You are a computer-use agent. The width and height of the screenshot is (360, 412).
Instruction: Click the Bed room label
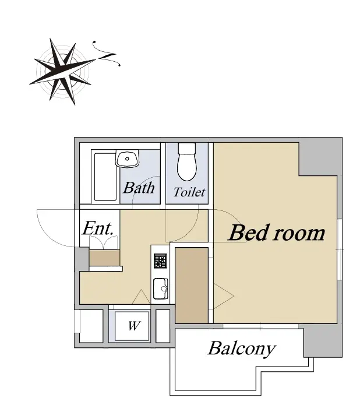pos(277,233)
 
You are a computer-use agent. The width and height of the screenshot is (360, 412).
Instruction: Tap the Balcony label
pos(242,349)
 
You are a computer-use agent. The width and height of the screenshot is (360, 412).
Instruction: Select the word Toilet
pos(189,192)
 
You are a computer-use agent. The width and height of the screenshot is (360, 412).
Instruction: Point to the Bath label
pos(139,188)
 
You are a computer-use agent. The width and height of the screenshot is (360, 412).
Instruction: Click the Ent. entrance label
pos(98,228)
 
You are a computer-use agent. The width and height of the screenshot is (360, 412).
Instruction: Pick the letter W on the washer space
pos(134,326)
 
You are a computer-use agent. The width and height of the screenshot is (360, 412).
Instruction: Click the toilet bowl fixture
pos(187,167)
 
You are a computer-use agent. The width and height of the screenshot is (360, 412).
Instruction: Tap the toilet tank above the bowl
pos(187,149)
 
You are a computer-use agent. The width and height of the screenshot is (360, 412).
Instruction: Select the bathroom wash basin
pos(128,159)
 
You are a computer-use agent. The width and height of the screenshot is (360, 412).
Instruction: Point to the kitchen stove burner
pos(160,261)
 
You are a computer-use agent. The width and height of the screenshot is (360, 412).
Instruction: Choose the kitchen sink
pos(160,289)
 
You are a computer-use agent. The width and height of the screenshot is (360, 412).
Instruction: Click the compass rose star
pos(62,71)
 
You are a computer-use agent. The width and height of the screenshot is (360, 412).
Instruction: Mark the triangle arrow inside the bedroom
pos(224,296)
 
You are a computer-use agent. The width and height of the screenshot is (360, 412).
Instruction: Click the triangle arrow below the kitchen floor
pos(142,297)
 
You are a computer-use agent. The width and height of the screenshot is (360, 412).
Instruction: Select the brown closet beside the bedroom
pos(192,286)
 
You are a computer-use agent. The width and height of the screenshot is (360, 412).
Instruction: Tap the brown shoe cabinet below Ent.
pos(104,258)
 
